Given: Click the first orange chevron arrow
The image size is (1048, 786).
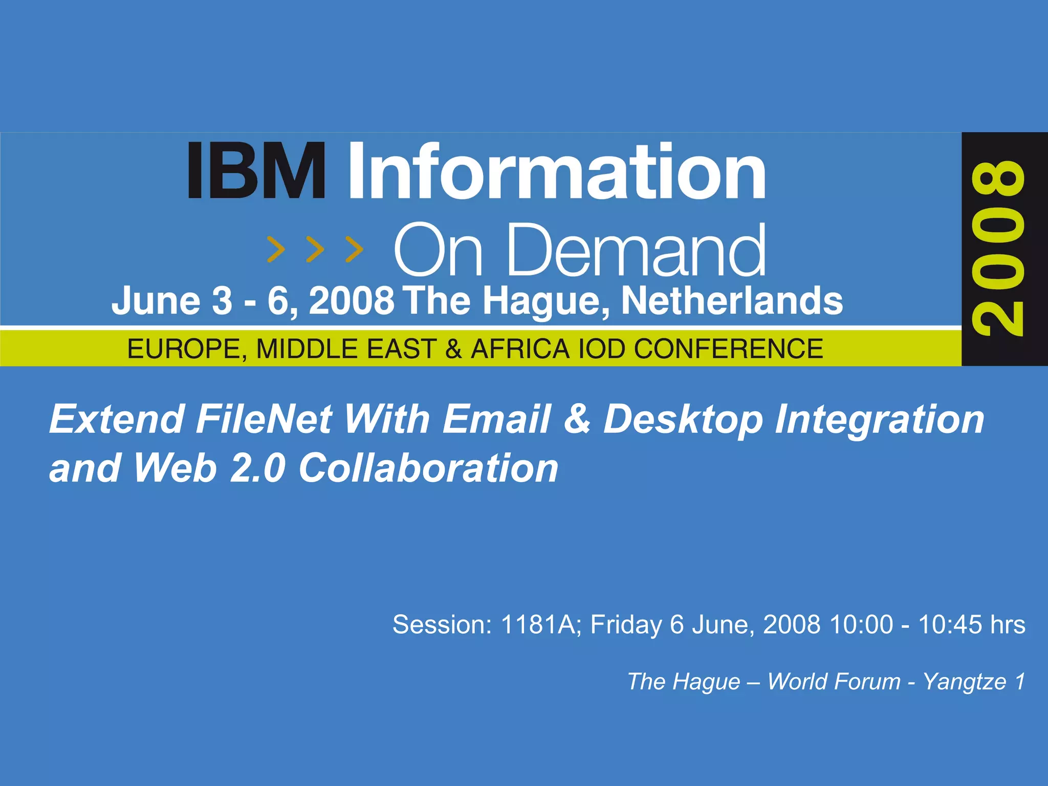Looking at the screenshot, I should coord(276,249).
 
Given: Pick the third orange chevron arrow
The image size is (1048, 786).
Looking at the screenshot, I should coord(354,249).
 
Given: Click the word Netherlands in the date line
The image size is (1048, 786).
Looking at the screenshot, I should coord(732,301).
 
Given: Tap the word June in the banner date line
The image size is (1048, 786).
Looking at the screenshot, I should coord(156,301).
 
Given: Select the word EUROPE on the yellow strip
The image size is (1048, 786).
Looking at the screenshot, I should coord(187,350).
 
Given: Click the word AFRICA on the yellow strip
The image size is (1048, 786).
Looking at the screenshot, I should coord(520,350).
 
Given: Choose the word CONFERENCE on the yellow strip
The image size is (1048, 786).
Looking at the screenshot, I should coord(728,350).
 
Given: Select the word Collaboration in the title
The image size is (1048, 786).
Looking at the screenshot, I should coord(428,468).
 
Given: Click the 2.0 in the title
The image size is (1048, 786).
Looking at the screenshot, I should coord(257,468).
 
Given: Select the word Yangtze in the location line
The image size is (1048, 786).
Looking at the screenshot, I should coord(964,682).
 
